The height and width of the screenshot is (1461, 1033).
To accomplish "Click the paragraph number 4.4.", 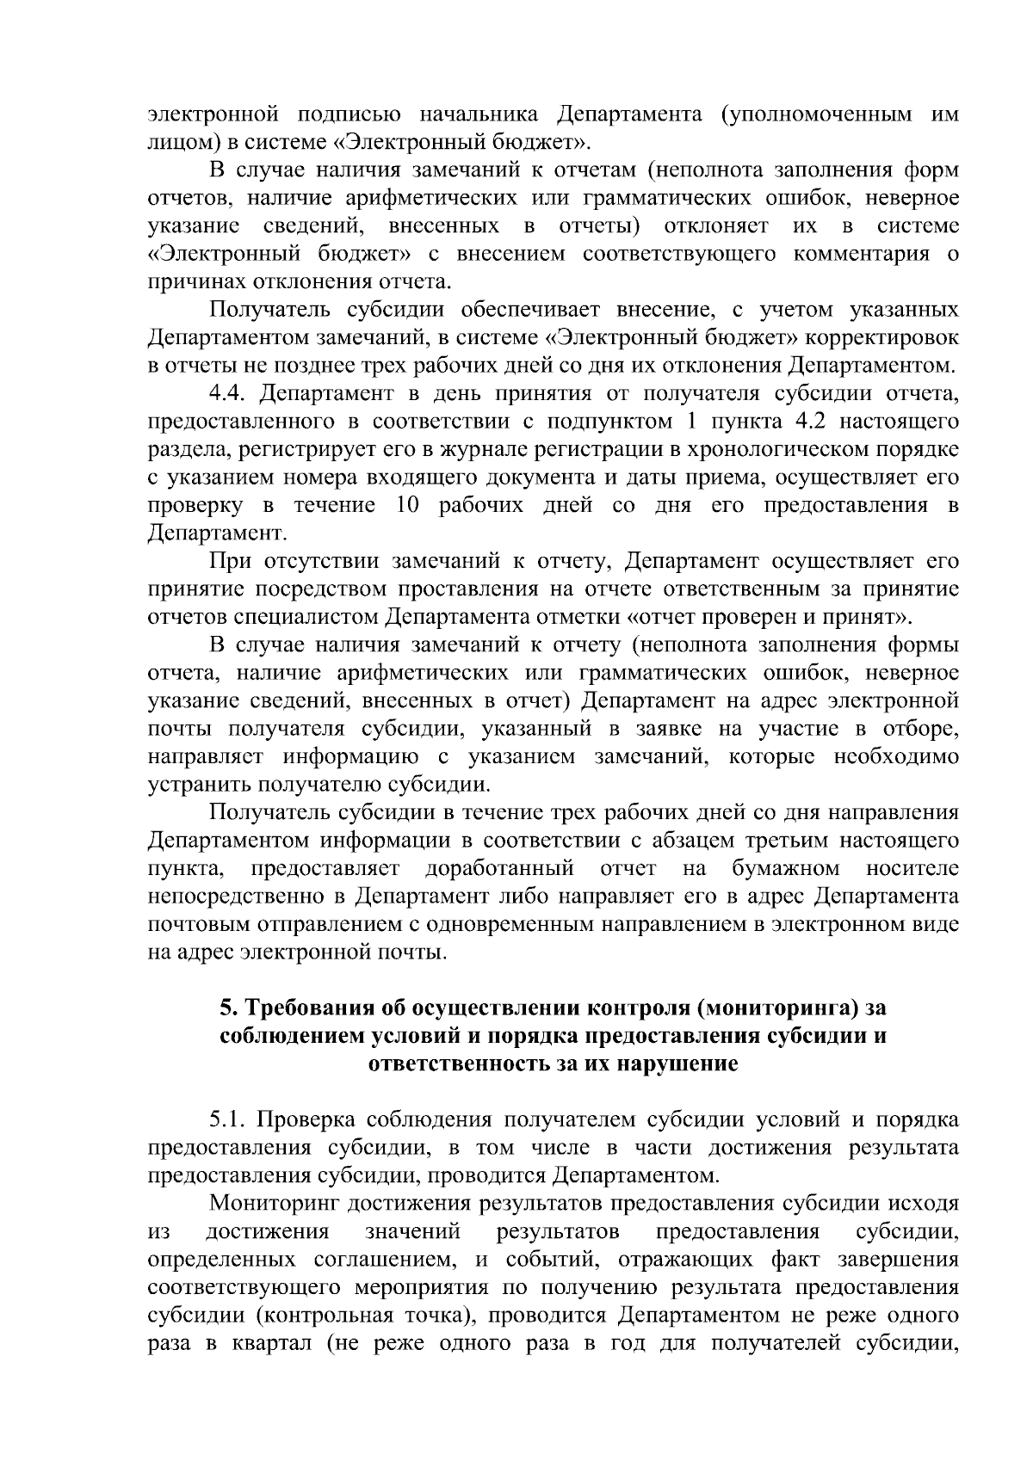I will click(230, 394).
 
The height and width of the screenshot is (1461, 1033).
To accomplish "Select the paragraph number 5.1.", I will click(230, 1119).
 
